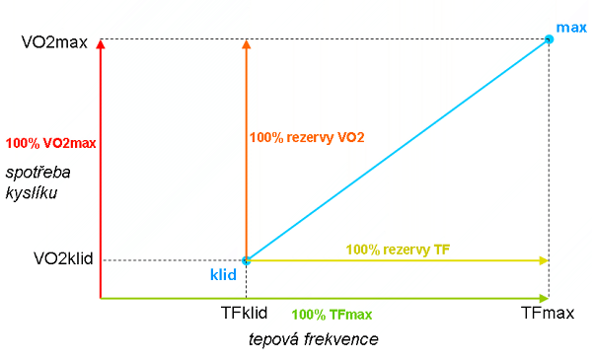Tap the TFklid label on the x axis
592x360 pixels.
pyautogui.click(x=246, y=315)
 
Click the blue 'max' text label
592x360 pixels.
pyautogui.click(x=571, y=28)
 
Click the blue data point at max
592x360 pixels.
pyautogui.click(x=549, y=39)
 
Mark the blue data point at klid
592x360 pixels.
pyautogui.click(x=246, y=260)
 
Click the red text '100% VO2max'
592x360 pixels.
pyautogui.click(x=50, y=143)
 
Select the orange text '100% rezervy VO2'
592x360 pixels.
pyautogui.click(x=308, y=137)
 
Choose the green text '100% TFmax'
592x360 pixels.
pyautogui.click(x=333, y=316)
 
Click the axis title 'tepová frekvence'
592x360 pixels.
pyautogui.click(x=313, y=339)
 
